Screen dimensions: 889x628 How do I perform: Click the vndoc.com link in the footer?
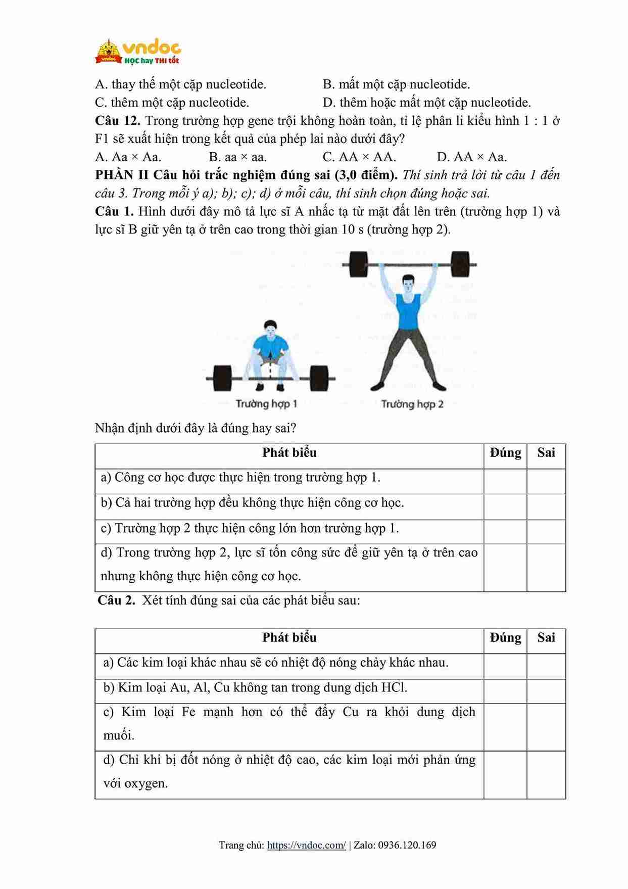tap(306, 845)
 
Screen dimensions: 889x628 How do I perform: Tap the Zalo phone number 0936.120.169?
tap(407, 845)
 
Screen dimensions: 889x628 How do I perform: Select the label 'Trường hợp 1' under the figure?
tap(266, 404)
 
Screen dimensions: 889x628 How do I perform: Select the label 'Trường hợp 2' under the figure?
tap(412, 404)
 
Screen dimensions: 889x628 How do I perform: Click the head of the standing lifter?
tap(408, 283)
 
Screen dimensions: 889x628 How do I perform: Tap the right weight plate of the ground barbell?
tap(319, 378)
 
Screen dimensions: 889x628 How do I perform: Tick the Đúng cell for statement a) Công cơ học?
tap(505, 481)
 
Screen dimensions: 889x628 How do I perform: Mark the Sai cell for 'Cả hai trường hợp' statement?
tap(546, 506)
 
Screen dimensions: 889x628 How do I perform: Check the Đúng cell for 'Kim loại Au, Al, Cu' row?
tap(505, 691)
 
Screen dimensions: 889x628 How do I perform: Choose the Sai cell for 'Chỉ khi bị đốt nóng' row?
tap(546, 775)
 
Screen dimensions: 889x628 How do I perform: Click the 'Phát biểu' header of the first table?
tap(289, 453)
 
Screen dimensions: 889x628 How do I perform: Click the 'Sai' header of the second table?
tap(546, 638)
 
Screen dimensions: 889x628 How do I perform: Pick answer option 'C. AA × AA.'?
tap(359, 157)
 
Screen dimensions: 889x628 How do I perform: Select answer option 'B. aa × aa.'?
tap(237, 157)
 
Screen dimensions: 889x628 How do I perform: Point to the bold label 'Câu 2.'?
tap(116, 600)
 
